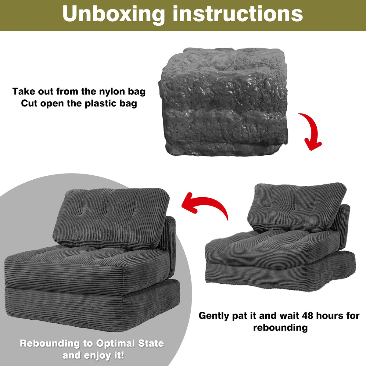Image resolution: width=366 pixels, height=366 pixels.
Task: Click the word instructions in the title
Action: click(238, 14)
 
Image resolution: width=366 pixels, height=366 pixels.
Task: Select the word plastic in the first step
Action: click(101, 104)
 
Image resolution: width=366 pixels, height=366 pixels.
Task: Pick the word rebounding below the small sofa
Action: click(280, 328)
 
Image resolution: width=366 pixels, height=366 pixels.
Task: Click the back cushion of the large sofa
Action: click(111, 218)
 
